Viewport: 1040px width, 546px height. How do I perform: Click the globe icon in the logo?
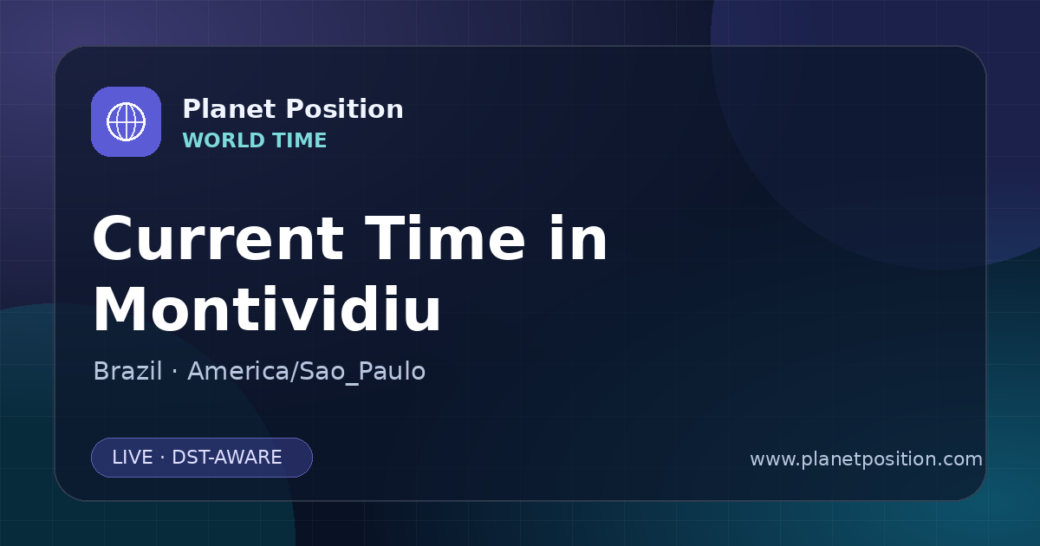pyautogui.click(x=126, y=121)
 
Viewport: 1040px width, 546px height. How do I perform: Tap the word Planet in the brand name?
pyautogui.click(x=230, y=109)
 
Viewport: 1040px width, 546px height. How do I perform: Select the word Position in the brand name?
pyautogui.click(x=345, y=109)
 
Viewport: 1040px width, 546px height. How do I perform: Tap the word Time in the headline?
pyautogui.click(x=445, y=237)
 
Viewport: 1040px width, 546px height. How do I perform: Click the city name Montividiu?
pyautogui.click(x=267, y=309)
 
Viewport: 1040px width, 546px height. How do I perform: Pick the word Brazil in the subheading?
pyautogui.click(x=127, y=371)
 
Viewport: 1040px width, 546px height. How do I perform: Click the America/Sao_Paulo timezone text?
pyautogui.click(x=307, y=372)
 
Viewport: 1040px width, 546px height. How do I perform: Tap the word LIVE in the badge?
pyautogui.click(x=133, y=458)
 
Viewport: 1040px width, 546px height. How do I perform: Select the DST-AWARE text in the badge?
pyautogui.click(x=226, y=458)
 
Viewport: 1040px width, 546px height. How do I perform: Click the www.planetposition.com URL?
pyautogui.click(x=866, y=459)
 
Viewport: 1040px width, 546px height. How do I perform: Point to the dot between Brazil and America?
pyautogui.click(x=174, y=372)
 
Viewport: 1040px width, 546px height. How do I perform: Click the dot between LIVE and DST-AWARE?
pyautogui.click(x=162, y=458)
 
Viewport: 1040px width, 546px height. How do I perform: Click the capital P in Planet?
pyautogui.click(x=192, y=109)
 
